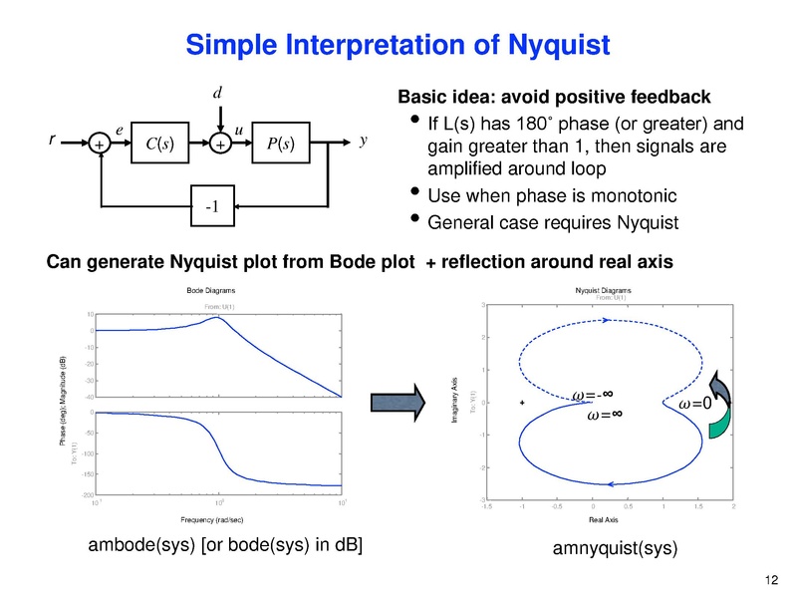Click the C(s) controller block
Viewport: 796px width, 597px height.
pos(159,144)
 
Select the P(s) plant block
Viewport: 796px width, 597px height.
pos(283,144)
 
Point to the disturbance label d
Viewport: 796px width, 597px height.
pos(217,95)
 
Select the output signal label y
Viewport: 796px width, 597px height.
pos(364,142)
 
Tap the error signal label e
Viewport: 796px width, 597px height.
pos(119,130)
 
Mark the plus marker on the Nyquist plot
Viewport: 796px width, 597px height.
pos(521,404)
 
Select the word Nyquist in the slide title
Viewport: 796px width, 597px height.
pos(553,45)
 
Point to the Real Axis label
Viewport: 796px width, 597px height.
pos(604,519)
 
